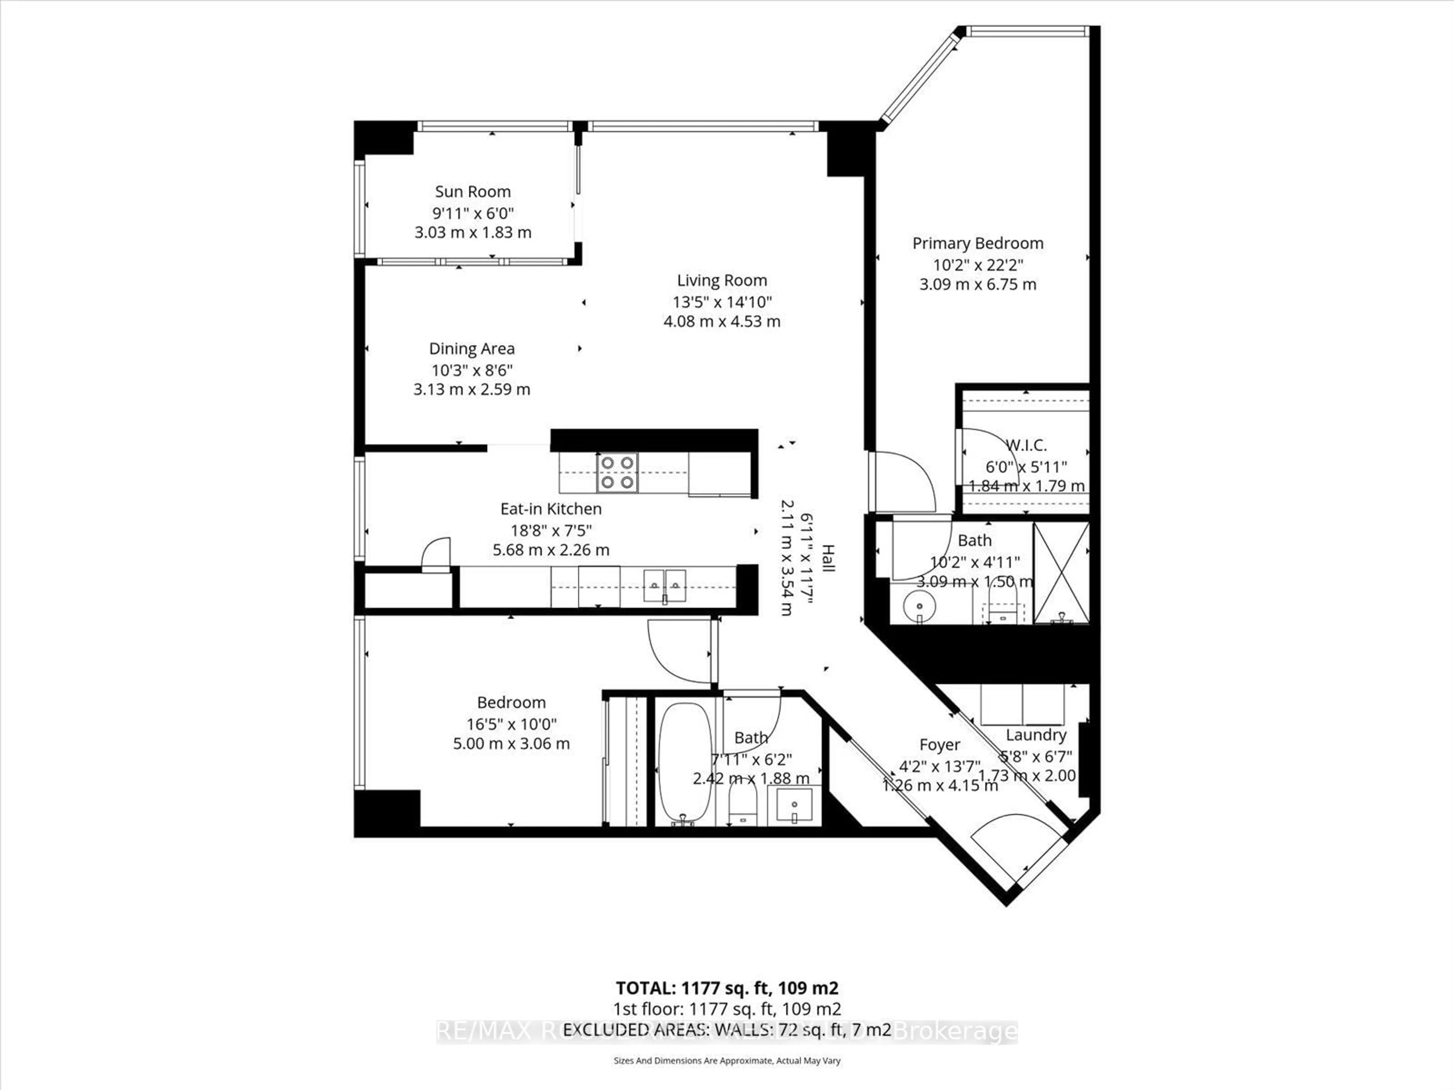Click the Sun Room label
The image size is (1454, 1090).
coord(473,192)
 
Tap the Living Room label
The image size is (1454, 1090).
coord(722,280)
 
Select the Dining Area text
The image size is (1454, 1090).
coord(471,349)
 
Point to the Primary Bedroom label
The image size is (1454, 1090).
coord(977,243)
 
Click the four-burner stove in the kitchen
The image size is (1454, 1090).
coord(617,472)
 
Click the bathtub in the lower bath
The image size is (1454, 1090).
coord(684,763)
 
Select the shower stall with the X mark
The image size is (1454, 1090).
coord(1061,572)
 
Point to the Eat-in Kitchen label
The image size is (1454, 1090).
coord(551,509)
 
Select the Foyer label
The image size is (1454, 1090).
coord(939,745)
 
